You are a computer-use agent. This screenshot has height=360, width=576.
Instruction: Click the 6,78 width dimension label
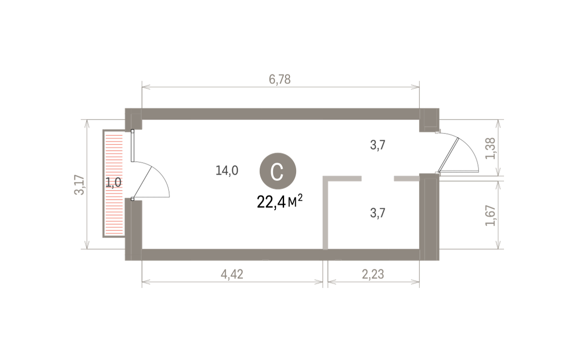(x=279, y=79)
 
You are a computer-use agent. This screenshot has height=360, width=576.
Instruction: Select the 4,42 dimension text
(x=232, y=275)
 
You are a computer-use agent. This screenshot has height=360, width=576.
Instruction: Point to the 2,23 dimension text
(x=373, y=275)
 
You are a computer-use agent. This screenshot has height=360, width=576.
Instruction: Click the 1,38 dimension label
(x=491, y=149)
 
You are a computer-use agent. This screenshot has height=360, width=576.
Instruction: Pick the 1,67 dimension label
(x=491, y=216)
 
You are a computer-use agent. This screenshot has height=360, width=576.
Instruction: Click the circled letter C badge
(x=278, y=171)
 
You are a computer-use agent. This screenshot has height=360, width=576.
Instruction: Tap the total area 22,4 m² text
(x=279, y=202)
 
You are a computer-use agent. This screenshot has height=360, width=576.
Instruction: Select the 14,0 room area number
(x=227, y=170)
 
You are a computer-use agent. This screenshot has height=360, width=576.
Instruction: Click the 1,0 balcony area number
(x=113, y=182)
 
